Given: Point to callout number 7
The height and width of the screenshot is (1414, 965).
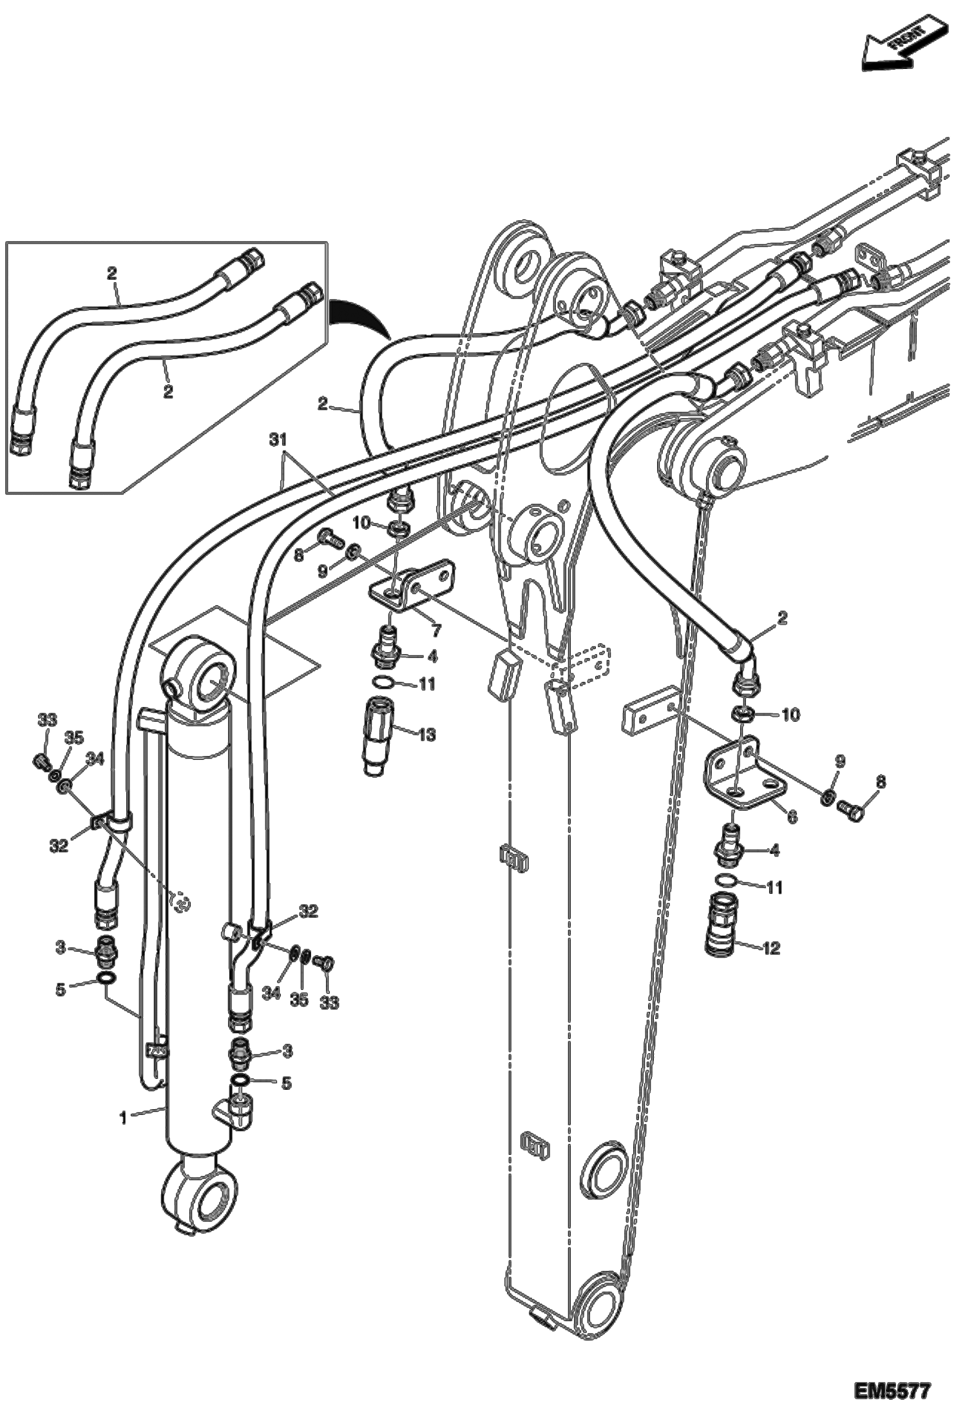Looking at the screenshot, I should (x=436, y=630).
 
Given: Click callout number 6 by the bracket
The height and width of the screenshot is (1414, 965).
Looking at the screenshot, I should (x=792, y=817).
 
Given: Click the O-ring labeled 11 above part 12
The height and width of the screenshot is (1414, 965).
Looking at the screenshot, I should (x=726, y=882).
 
